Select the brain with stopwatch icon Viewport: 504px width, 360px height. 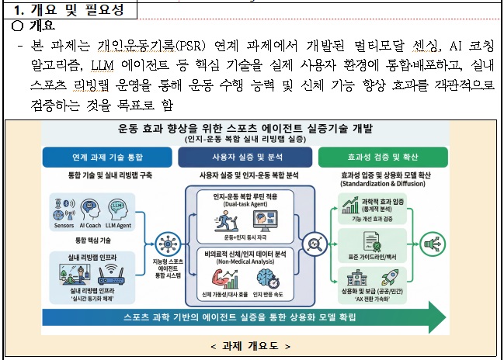pos(271,277)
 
